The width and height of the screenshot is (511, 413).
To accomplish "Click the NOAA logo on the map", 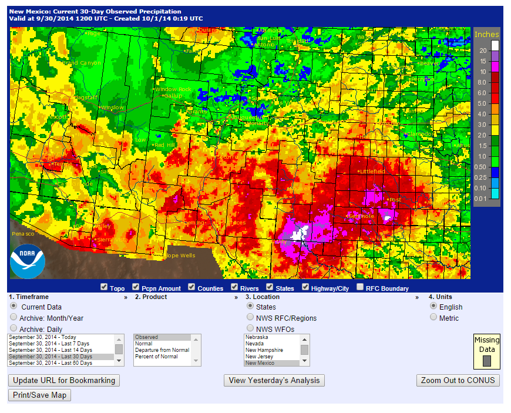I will [28, 261].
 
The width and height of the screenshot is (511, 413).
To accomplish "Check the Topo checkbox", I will [104, 287].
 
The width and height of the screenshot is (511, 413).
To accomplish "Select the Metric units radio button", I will [434, 317].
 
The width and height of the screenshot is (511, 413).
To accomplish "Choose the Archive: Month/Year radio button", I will [14, 318].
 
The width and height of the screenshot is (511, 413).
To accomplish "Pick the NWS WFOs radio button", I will [250, 328].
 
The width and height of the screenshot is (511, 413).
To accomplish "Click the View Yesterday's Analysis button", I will [274, 380].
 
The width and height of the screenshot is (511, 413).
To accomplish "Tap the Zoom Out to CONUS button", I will [458, 380].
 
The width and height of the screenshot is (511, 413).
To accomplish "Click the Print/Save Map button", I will [40, 395].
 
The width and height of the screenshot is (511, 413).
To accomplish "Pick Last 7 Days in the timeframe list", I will [50, 344].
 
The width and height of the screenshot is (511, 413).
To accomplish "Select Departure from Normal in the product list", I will [162, 350].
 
